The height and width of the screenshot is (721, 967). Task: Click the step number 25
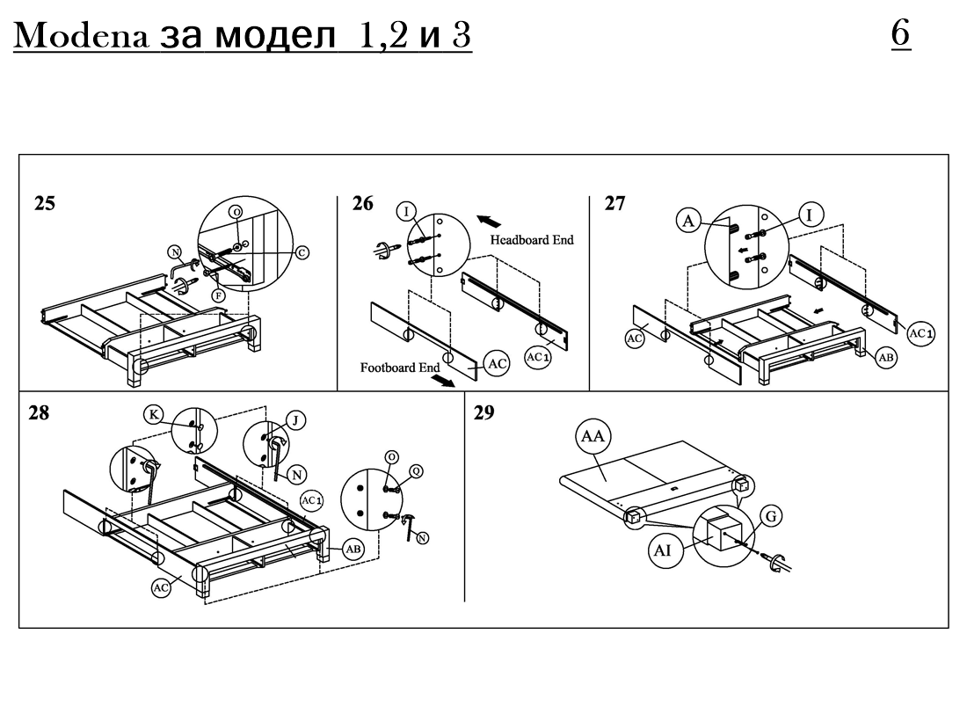tap(44, 204)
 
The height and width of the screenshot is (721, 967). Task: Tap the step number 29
tap(484, 413)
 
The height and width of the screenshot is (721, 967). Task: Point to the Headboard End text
tap(533, 239)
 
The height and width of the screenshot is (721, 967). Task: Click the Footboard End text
tap(399, 368)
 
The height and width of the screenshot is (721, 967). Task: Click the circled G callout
tap(769, 517)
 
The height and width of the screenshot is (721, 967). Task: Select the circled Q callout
tap(416, 470)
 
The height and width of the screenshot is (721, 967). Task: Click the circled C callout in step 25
tap(302, 252)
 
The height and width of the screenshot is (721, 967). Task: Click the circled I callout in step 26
tap(406, 210)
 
